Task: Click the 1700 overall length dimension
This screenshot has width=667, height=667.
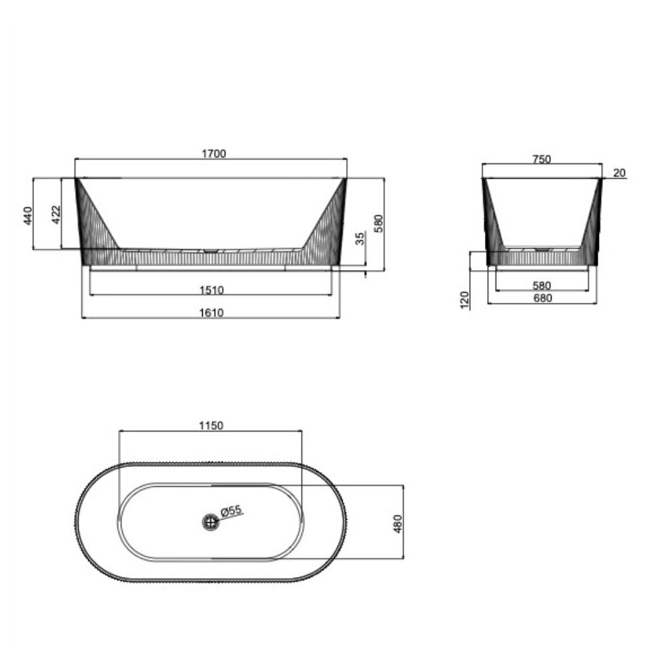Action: tap(214, 153)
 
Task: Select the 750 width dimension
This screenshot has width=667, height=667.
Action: tap(542, 159)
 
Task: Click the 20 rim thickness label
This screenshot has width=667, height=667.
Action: tap(619, 173)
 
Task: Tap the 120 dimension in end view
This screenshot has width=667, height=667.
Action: tap(466, 299)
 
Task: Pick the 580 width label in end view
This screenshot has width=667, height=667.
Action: tap(542, 285)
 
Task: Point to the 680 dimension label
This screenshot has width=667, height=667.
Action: tap(542, 298)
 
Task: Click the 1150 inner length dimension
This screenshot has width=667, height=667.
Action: tap(211, 426)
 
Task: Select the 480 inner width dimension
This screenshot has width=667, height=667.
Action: tap(399, 524)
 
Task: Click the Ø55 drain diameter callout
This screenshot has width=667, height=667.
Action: tap(231, 511)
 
